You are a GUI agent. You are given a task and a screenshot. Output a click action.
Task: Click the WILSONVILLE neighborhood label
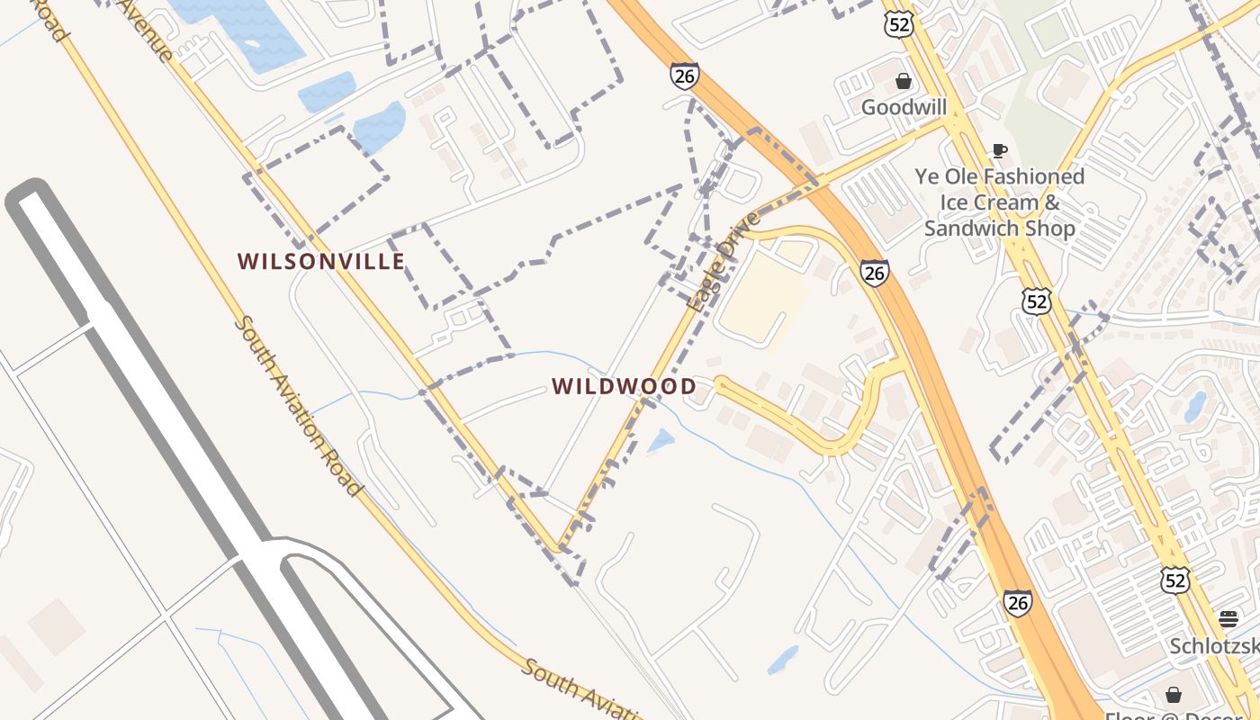[x=320, y=262]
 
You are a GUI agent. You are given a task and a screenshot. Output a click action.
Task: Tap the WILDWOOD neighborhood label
[x=624, y=387]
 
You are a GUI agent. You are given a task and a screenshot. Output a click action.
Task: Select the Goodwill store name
[x=904, y=108]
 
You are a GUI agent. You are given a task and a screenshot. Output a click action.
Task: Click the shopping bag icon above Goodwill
[x=904, y=82]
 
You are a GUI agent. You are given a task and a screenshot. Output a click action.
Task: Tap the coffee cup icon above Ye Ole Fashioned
[x=999, y=150]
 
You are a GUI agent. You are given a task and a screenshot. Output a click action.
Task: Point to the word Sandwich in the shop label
[x=967, y=229]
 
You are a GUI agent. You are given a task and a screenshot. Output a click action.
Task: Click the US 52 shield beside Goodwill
[x=899, y=23]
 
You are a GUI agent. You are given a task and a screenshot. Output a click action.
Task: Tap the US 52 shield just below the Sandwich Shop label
[x=1036, y=301]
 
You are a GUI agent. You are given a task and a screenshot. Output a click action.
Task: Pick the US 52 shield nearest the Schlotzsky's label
[x=1174, y=580]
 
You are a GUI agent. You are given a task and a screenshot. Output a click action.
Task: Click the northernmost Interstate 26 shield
[x=684, y=76]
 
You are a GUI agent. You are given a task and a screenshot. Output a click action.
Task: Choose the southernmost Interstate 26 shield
[x=1017, y=602]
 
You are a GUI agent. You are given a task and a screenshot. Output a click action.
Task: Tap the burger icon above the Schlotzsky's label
[x=1228, y=618]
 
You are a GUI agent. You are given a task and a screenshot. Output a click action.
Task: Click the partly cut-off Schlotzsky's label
[x=1215, y=646]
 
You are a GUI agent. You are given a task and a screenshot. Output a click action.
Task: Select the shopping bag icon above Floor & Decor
[x=1174, y=695]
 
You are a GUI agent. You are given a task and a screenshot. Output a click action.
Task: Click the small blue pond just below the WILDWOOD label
[x=661, y=440]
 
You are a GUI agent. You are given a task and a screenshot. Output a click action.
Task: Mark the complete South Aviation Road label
[x=297, y=405]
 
